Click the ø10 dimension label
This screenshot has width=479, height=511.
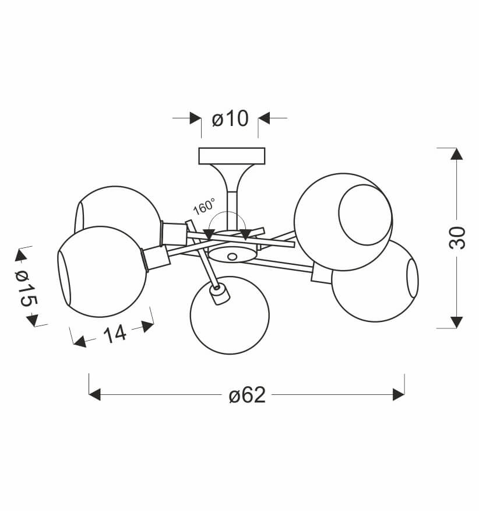pyautogui.click(x=230, y=118)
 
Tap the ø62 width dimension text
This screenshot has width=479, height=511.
pyautogui.click(x=247, y=395)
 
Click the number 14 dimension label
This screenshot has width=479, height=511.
pyautogui.click(x=115, y=334)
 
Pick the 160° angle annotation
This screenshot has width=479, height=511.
pyautogui.click(x=204, y=206)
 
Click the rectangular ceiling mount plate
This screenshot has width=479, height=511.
pyautogui.click(x=231, y=156)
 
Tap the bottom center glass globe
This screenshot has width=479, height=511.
pyautogui.click(x=230, y=315)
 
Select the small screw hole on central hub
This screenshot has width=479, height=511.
pyautogui.click(x=232, y=257)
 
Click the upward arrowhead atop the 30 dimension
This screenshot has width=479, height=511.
pyautogui.click(x=456, y=153)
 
